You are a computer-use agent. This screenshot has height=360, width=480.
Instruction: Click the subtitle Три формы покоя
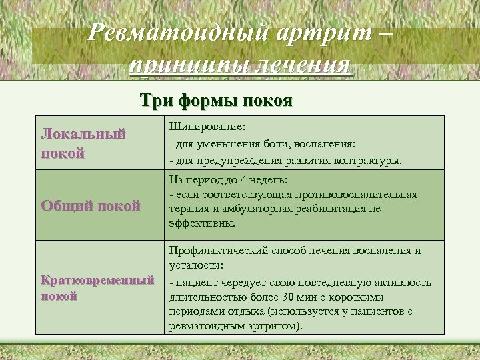(215, 101)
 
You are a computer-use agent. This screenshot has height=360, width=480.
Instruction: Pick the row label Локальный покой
(83, 143)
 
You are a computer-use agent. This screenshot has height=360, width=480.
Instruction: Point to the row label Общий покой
(91, 206)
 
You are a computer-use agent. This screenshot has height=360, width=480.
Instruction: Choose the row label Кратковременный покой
(97, 287)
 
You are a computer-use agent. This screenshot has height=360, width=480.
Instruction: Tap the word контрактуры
(369, 161)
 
